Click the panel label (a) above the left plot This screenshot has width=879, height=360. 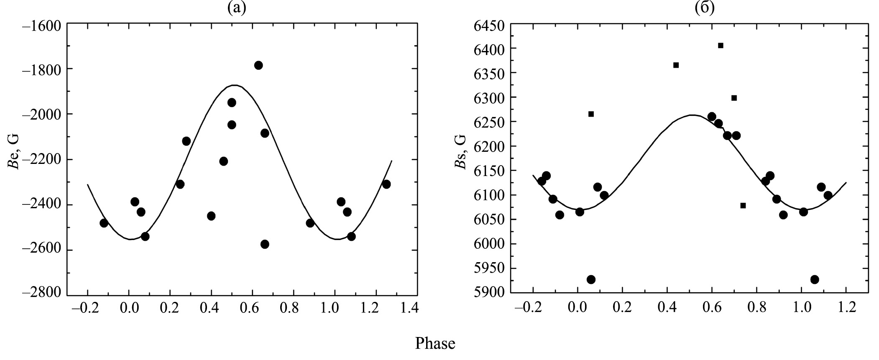(x=237, y=8)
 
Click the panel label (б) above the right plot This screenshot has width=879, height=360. (x=705, y=8)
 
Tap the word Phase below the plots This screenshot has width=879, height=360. (x=435, y=344)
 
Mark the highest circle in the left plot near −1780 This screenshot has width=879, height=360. (x=258, y=65)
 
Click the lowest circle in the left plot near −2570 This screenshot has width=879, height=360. (x=265, y=244)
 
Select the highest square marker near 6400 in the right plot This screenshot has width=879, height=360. (x=721, y=46)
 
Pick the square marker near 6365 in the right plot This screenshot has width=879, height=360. (x=676, y=65)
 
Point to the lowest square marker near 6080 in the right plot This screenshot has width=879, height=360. (x=743, y=205)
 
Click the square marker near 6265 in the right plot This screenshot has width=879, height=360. (x=591, y=114)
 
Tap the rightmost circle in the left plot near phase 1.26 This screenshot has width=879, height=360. (x=386, y=184)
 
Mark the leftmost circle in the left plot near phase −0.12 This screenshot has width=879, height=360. (x=104, y=223)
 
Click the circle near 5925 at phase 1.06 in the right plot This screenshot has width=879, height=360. (x=815, y=279)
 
